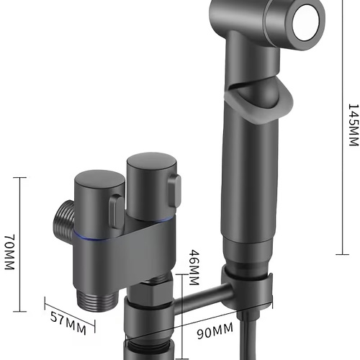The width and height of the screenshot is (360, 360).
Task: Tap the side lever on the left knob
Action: coord(115,210)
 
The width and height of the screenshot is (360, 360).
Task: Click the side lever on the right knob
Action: coord(172,194)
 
